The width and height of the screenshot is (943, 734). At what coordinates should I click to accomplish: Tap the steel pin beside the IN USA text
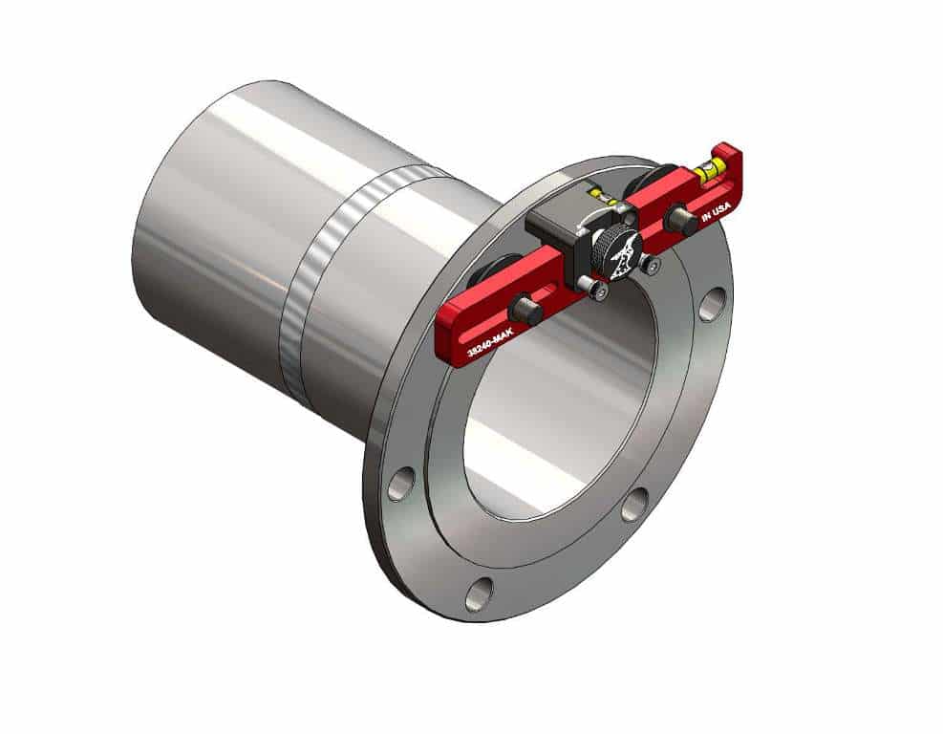pyautogui.click(x=679, y=221)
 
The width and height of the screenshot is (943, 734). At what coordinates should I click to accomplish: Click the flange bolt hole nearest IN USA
pyautogui.click(x=712, y=304)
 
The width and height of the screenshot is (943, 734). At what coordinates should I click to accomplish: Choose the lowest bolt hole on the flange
pyautogui.click(x=479, y=594)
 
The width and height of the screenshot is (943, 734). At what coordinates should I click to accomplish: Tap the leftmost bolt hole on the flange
pyautogui.click(x=400, y=485)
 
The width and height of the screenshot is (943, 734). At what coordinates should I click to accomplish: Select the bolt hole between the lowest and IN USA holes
pyautogui.click(x=634, y=505)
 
